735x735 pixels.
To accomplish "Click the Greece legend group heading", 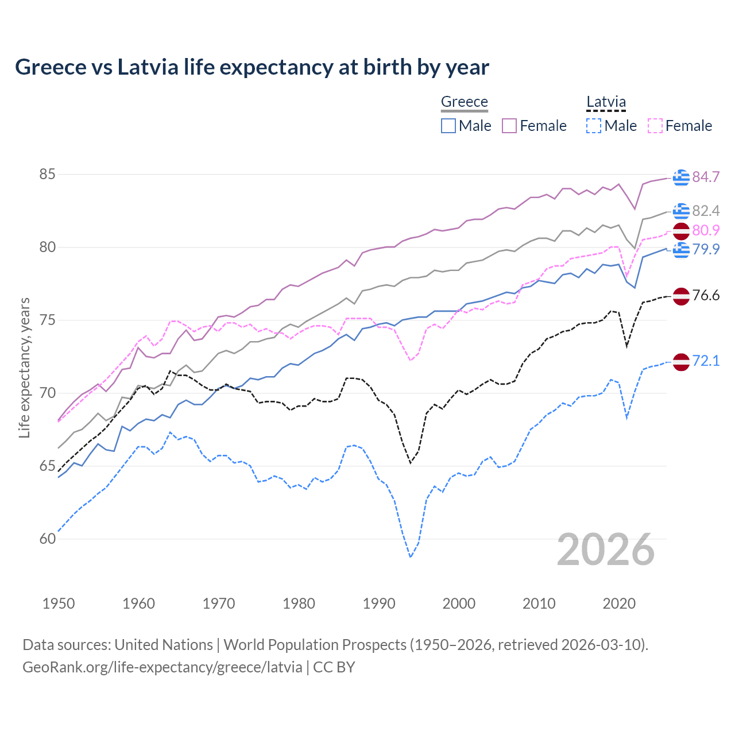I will pyautogui.click(x=464, y=102).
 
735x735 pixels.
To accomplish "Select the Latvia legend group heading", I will pyautogui.click(x=606, y=102).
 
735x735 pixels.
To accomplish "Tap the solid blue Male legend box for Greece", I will pyautogui.click(x=448, y=126).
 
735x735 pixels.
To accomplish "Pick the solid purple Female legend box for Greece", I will pyautogui.click(x=509, y=126).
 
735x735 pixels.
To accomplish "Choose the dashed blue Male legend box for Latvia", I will pyautogui.click(x=594, y=126).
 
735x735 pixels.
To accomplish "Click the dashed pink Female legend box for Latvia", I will pyautogui.click(x=655, y=126).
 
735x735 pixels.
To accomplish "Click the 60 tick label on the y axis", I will pyautogui.click(x=47, y=539).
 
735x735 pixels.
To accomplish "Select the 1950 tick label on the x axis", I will pyautogui.click(x=59, y=604).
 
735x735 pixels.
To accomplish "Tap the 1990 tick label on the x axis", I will pyautogui.click(x=379, y=604).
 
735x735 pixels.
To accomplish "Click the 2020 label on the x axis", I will pyautogui.click(x=619, y=604).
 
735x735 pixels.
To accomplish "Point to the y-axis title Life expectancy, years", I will pyautogui.click(x=24, y=367).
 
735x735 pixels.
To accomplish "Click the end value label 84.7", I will pyautogui.click(x=706, y=177).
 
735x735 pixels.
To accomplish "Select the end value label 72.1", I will pyautogui.click(x=706, y=361).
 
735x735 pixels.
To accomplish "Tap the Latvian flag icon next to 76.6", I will pyautogui.click(x=681, y=296).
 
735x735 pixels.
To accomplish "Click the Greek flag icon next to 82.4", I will pyautogui.click(x=681, y=211).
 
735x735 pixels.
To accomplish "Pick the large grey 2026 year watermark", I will pyautogui.click(x=606, y=550).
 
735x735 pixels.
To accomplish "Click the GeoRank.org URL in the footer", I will pyautogui.click(x=162, y=667).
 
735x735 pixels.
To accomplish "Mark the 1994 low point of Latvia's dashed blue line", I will pyautogui.click(x=411, y=557).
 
